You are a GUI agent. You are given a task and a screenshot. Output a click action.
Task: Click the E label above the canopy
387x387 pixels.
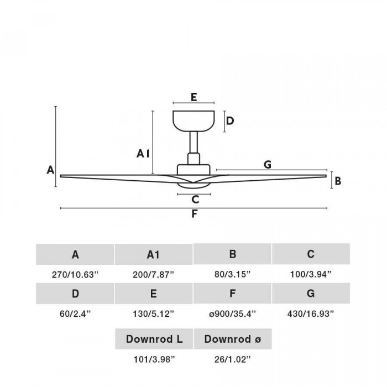click(193, 97)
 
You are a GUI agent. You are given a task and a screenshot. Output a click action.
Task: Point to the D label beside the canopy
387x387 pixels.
click(230, 121)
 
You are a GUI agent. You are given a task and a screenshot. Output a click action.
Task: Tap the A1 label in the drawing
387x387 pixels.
click(143, 154)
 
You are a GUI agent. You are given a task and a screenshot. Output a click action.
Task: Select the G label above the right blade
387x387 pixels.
click(268, 164)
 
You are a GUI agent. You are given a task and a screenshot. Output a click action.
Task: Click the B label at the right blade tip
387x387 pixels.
click(338, 181)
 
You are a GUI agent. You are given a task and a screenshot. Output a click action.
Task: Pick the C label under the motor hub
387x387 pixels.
click(195, 199)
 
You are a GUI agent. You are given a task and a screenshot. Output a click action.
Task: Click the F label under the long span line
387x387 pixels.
click(195, 214)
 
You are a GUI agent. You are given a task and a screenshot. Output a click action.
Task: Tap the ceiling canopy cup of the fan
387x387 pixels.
click(193, 121)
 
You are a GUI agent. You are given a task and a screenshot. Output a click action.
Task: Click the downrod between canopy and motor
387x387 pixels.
click(193, 142)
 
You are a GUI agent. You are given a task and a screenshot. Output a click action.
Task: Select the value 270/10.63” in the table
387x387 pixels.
click(75, 274)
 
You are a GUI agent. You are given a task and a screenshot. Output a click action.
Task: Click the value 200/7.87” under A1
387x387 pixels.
click(154, 274)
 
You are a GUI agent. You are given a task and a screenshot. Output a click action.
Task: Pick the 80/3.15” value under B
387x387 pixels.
click(233, 274)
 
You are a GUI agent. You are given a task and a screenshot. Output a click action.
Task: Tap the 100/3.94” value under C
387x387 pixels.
click(311, 274)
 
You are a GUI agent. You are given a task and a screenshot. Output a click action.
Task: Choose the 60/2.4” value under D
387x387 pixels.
click(75, 313)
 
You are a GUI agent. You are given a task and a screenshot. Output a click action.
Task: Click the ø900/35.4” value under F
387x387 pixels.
click(233, 313)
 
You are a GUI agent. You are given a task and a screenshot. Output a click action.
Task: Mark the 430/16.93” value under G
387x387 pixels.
click(311, 313)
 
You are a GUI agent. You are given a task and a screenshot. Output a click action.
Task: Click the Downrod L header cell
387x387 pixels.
click(154, 339)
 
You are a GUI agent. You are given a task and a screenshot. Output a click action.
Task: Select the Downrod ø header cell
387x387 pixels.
click(233, 339)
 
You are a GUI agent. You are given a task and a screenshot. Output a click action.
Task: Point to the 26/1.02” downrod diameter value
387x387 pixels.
click(233, 359)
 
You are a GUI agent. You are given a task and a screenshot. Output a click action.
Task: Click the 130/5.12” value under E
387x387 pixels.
click(154, 313)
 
